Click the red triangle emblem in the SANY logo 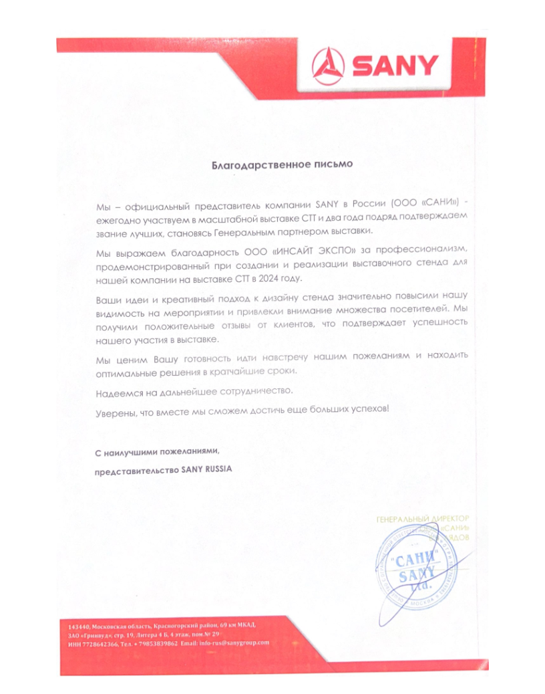click(329, 66)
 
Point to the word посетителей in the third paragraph click(418, 310)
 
